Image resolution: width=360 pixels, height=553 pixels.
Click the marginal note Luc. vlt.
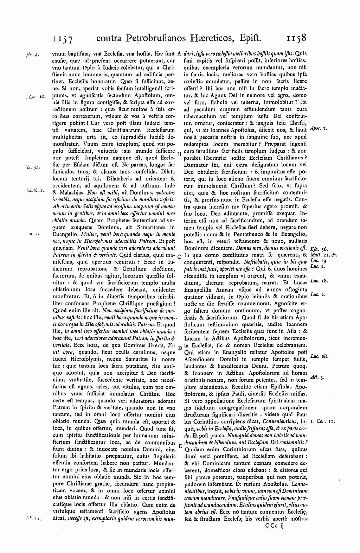320,357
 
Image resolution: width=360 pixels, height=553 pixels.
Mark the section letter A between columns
179,54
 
